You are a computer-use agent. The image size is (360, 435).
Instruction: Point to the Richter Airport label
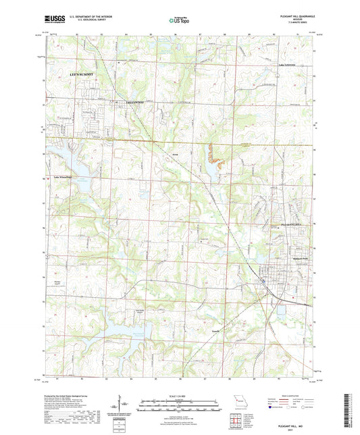[x=56, y=281]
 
